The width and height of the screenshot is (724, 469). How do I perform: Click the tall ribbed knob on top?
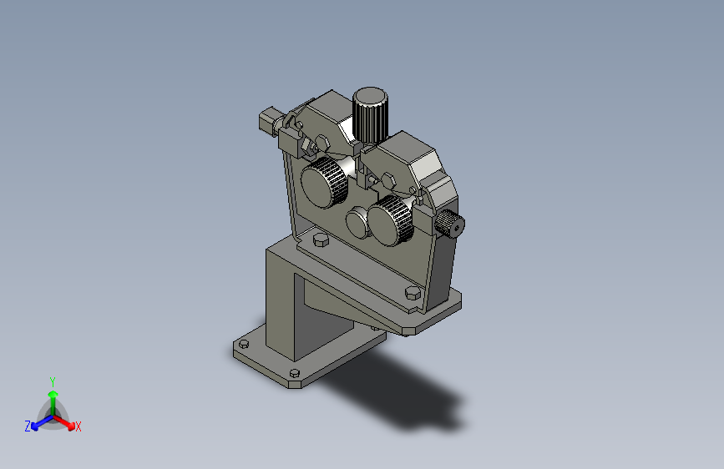click(370, 114)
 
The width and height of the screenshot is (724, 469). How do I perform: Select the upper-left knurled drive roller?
click(324, 182)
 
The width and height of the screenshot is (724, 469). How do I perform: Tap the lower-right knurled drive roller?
click(391, 220)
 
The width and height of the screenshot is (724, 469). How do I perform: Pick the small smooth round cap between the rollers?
click(358, 223)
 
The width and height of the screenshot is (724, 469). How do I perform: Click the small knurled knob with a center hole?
click(450, 224)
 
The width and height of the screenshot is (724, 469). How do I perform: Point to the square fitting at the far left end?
click(267, 119)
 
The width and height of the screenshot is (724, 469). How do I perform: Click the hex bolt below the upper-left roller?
click(321, 240)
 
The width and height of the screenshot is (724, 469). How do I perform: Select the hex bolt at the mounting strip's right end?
click(413, 293)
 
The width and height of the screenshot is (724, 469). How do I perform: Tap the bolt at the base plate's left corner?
click(244, 344)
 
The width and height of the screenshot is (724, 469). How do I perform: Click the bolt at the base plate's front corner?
click(294, 373)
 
